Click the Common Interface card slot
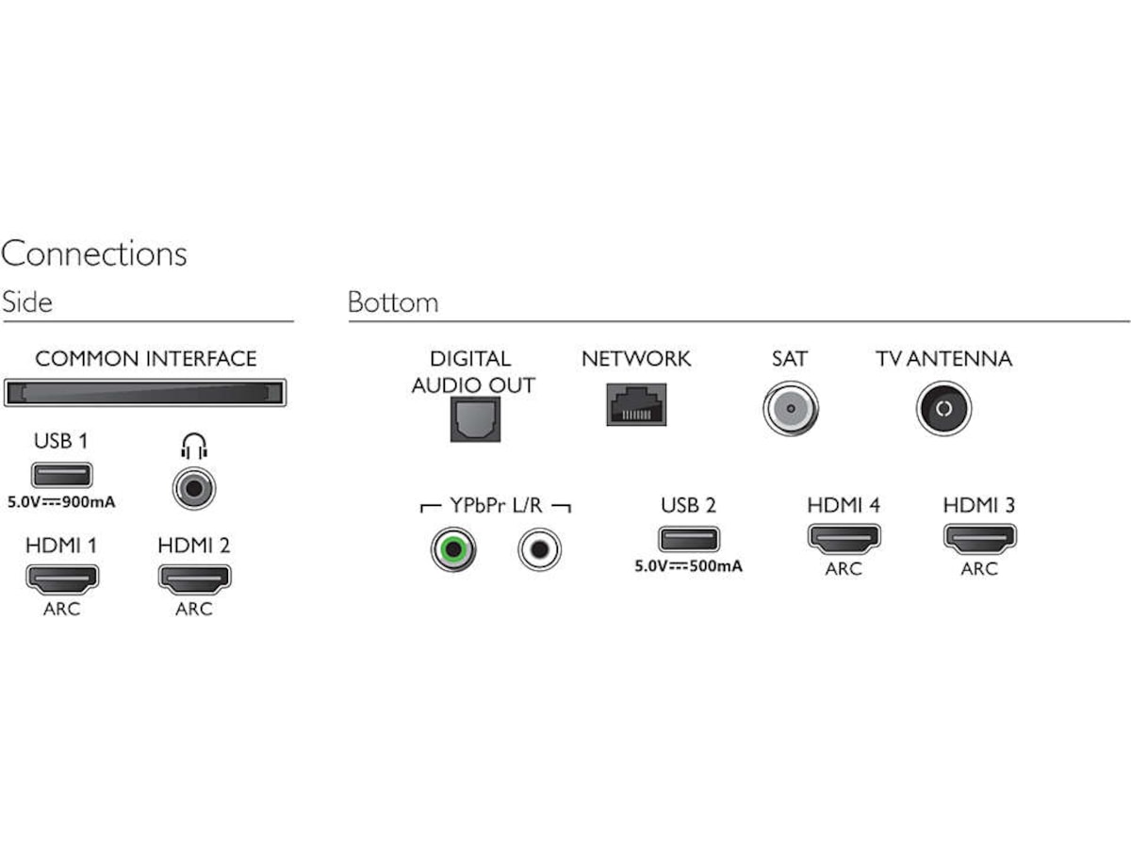[x=145, y=393]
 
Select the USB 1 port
[x=62, y=474]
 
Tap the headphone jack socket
[x=194, y=488]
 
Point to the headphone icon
[x=194, y=446]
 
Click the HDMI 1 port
[x=62, y=579]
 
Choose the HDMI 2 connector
[x=194, y=579]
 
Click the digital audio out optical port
[x=475, y=418]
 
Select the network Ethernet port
[x=636, y=404]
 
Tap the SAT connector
[x=791, y=408]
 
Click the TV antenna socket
[x=943, y=408]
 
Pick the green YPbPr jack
[x=453, y=549]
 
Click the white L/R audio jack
[x=539, y=549]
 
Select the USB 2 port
[x=689, y=539]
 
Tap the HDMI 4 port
[x=844, y=539]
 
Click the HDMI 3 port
[x=979, y=539]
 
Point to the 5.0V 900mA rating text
[x=61, y=502]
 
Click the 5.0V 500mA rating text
[x=688, y=566]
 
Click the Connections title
[x=93, y=253]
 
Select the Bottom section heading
[x=393, y=302]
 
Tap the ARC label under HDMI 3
[x=979, y=569]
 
